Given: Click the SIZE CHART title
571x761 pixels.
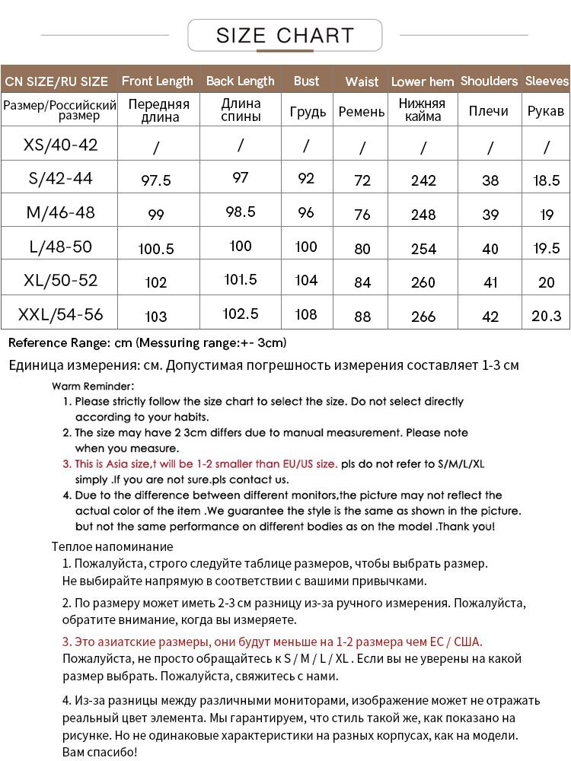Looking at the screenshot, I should (x=285, y=35).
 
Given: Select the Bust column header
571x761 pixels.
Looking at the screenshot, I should (x=306, y=81).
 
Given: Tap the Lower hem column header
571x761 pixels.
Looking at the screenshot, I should (x=423, y=81).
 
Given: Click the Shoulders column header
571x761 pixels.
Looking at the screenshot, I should (x=489, y=81).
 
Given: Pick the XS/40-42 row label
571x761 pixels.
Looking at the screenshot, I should (x=61, y=145).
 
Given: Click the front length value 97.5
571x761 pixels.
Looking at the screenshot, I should (x=157, y=180).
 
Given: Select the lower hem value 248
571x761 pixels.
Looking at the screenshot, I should (x=423, y=215).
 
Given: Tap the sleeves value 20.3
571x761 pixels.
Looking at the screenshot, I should (x=546, y=316).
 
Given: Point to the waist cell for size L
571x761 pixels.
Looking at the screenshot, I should (x=362, y=249).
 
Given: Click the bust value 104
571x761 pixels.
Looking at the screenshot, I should (x=306, y=280).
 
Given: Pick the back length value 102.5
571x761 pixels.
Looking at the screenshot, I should (x=241, y=314).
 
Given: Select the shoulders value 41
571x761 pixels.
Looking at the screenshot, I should (x=490, y=282).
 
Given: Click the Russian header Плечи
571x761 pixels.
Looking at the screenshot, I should (x=489, y=111).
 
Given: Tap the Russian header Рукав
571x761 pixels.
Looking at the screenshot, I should (x=546, y=111).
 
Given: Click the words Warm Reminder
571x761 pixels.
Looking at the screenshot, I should (x=94, y=386).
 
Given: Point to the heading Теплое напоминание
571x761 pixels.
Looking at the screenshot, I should (x=113, y=546).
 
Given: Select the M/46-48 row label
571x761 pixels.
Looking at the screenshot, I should (x=61, y=212).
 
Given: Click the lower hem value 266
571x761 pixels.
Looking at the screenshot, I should (x=423, y=317).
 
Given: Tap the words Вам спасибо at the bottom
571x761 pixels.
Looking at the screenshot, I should (x=100, y=752).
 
